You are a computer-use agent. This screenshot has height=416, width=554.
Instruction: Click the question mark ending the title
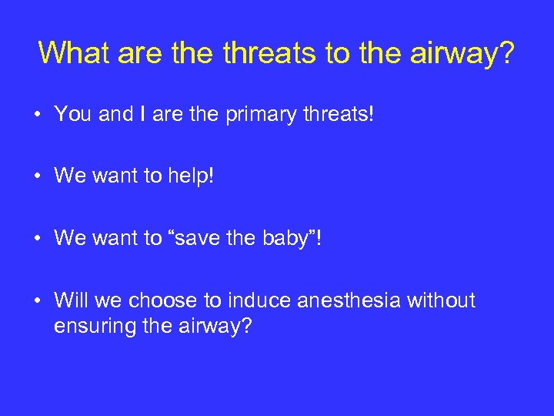(507, 52)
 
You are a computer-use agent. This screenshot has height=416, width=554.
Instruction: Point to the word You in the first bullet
(73, 115)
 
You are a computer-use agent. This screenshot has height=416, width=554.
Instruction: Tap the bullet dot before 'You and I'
(38, 116)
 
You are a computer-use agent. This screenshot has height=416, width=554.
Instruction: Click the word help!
(189, 176)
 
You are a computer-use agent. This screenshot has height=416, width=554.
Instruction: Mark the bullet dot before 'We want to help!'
(38, 177)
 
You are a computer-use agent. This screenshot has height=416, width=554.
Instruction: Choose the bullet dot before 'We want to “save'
(38, 239)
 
